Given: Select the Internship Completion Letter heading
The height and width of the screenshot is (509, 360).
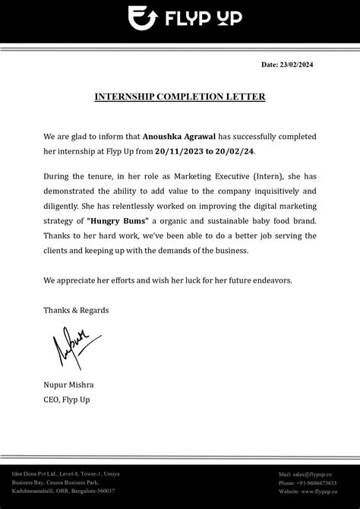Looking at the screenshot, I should click(x=179, y=97).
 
